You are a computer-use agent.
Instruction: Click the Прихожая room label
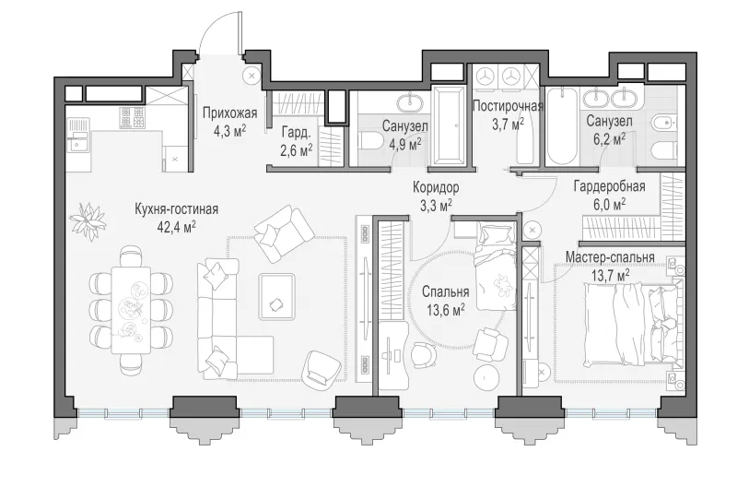(229, 113)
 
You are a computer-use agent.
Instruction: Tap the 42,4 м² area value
(177, 228)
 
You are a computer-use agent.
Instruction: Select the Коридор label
(436, 188)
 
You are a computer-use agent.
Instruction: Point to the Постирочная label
(508, 106)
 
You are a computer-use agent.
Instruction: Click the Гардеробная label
(609, 187)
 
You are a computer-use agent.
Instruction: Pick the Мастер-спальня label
(610, 258)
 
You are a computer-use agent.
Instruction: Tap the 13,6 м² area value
(446, 309)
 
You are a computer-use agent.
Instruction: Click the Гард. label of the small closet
(296, 133)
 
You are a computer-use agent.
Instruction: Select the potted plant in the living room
(88, 220)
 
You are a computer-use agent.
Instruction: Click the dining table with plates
(131, 310)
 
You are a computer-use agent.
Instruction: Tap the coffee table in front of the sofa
(277, 297)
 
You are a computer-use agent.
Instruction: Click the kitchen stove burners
(131, 117)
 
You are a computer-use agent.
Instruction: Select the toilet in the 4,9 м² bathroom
(371, 141)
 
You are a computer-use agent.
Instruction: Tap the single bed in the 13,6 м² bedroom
(496, 267)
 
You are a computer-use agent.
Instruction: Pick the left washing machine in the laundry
(485, 76)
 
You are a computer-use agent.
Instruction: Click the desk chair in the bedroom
(423, 354)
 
